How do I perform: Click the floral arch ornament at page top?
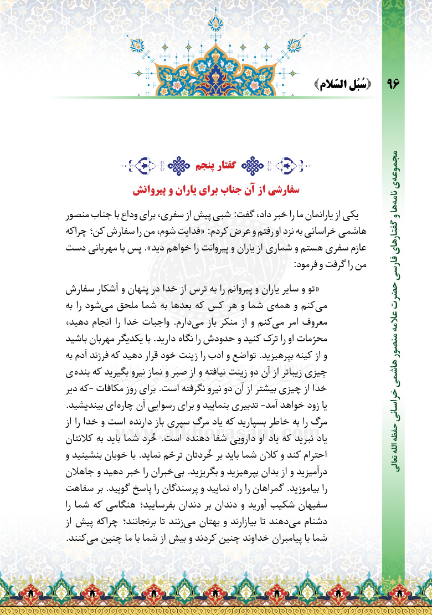pos(215,55)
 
